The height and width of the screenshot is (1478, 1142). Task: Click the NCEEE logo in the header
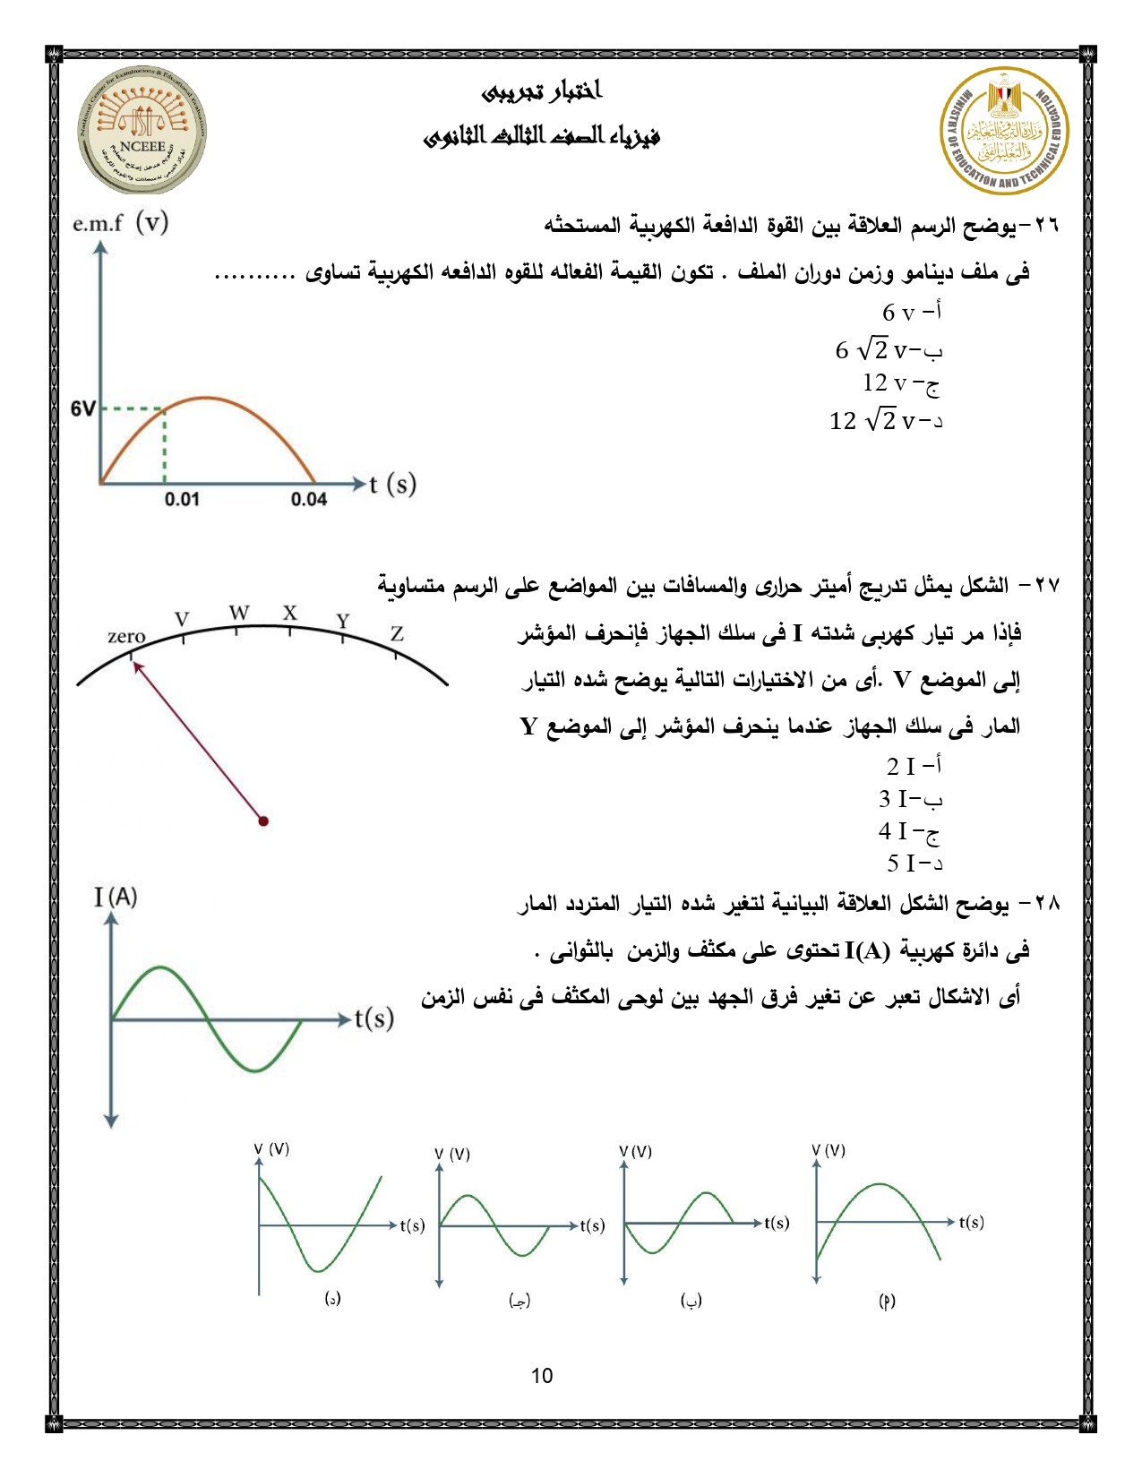[x=142, y=131]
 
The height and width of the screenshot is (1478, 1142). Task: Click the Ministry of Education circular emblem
[x=1003, y=131]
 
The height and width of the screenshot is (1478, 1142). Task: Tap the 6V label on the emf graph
[x=82, y=409]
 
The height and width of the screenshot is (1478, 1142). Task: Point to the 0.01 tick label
[x=182, y=499]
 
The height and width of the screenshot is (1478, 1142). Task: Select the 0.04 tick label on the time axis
[x=308, y=499]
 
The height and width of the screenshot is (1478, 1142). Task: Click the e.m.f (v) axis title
[x=120, y=223]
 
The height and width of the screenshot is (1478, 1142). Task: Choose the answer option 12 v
[x=900, y=383]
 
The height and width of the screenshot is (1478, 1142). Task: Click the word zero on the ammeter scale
[x=126, y=636]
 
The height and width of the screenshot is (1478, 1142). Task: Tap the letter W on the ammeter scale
[x=238, y=613]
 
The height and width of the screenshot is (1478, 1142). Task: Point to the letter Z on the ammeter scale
[x=397, y=634]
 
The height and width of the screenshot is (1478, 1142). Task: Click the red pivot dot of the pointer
[x=263, y=821]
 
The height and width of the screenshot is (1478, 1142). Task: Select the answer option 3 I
[x=909, y=798]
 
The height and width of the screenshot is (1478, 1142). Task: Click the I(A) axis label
[x=116, y=897]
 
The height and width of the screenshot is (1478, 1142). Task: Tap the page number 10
[x=542, y=1376]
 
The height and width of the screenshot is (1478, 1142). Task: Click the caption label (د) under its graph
[x=332, y=1298]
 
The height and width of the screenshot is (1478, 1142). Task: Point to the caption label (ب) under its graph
[x=691, y=1300]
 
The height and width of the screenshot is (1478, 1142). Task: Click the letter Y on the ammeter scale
[x=342, y=621]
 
